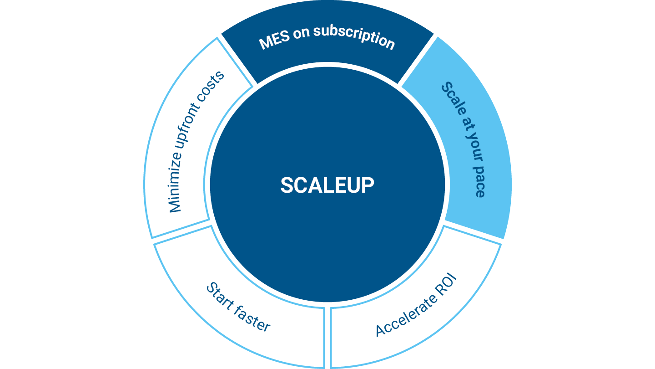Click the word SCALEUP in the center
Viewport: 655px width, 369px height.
pos(327,185)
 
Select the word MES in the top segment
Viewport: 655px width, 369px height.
pos(273,41)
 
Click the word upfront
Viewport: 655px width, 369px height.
pos(191,133)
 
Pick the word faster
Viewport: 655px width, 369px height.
pos(253,319)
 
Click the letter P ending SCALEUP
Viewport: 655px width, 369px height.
pos(368,185)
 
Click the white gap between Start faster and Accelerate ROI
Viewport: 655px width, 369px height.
pos(327,337)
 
